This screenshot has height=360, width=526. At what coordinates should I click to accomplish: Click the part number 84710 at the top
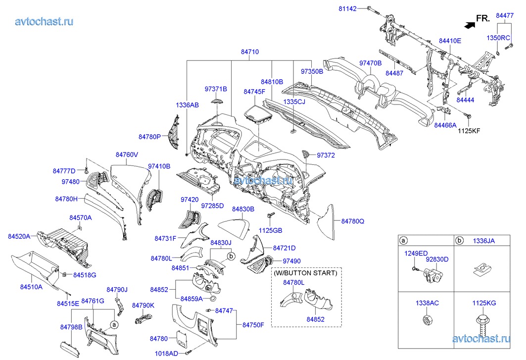[250, 51]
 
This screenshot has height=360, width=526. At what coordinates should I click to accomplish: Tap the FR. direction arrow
[467, 22]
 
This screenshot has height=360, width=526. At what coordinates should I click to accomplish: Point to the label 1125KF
[469, 131]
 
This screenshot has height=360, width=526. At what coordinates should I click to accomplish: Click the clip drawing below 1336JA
[482, 269]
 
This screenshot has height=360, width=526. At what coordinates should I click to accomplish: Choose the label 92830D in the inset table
[438, 259]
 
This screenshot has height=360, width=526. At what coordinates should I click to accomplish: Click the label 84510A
[31, 287]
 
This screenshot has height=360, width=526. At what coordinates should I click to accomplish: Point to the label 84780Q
[352, 221]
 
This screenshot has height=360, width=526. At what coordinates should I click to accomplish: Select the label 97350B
[312, 71]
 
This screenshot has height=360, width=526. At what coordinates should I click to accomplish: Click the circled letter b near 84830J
[231, 256]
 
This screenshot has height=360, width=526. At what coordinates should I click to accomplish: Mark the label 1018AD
[166, 354]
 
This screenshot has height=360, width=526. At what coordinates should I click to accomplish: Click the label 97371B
[216, 89]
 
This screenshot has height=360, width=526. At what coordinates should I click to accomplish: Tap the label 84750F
[253, 325]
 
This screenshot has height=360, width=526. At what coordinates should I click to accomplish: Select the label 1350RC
[498, 38]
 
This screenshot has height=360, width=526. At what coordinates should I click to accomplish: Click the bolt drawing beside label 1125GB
[271, 216]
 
